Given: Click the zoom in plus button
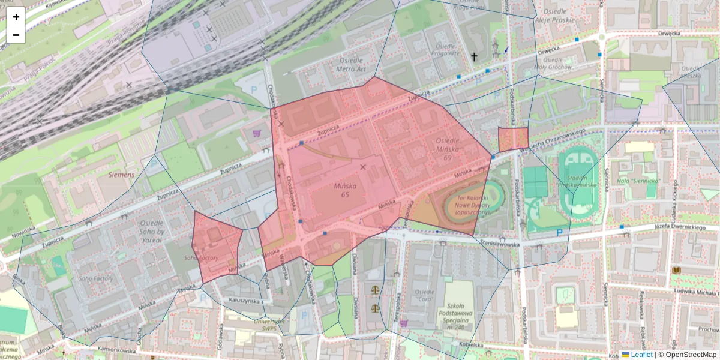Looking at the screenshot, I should (x=16, y=17).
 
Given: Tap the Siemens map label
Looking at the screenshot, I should (x=122, y=174).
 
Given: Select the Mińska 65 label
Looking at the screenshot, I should (x=345, y=190).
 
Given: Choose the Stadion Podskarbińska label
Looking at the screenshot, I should (x=580, y=181).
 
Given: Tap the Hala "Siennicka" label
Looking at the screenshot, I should (x=643, y=181).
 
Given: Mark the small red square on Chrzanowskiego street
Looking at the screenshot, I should (x=513, y=139).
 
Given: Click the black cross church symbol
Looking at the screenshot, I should (x=474, y=57).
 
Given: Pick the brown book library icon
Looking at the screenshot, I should (x=676, y=271).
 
